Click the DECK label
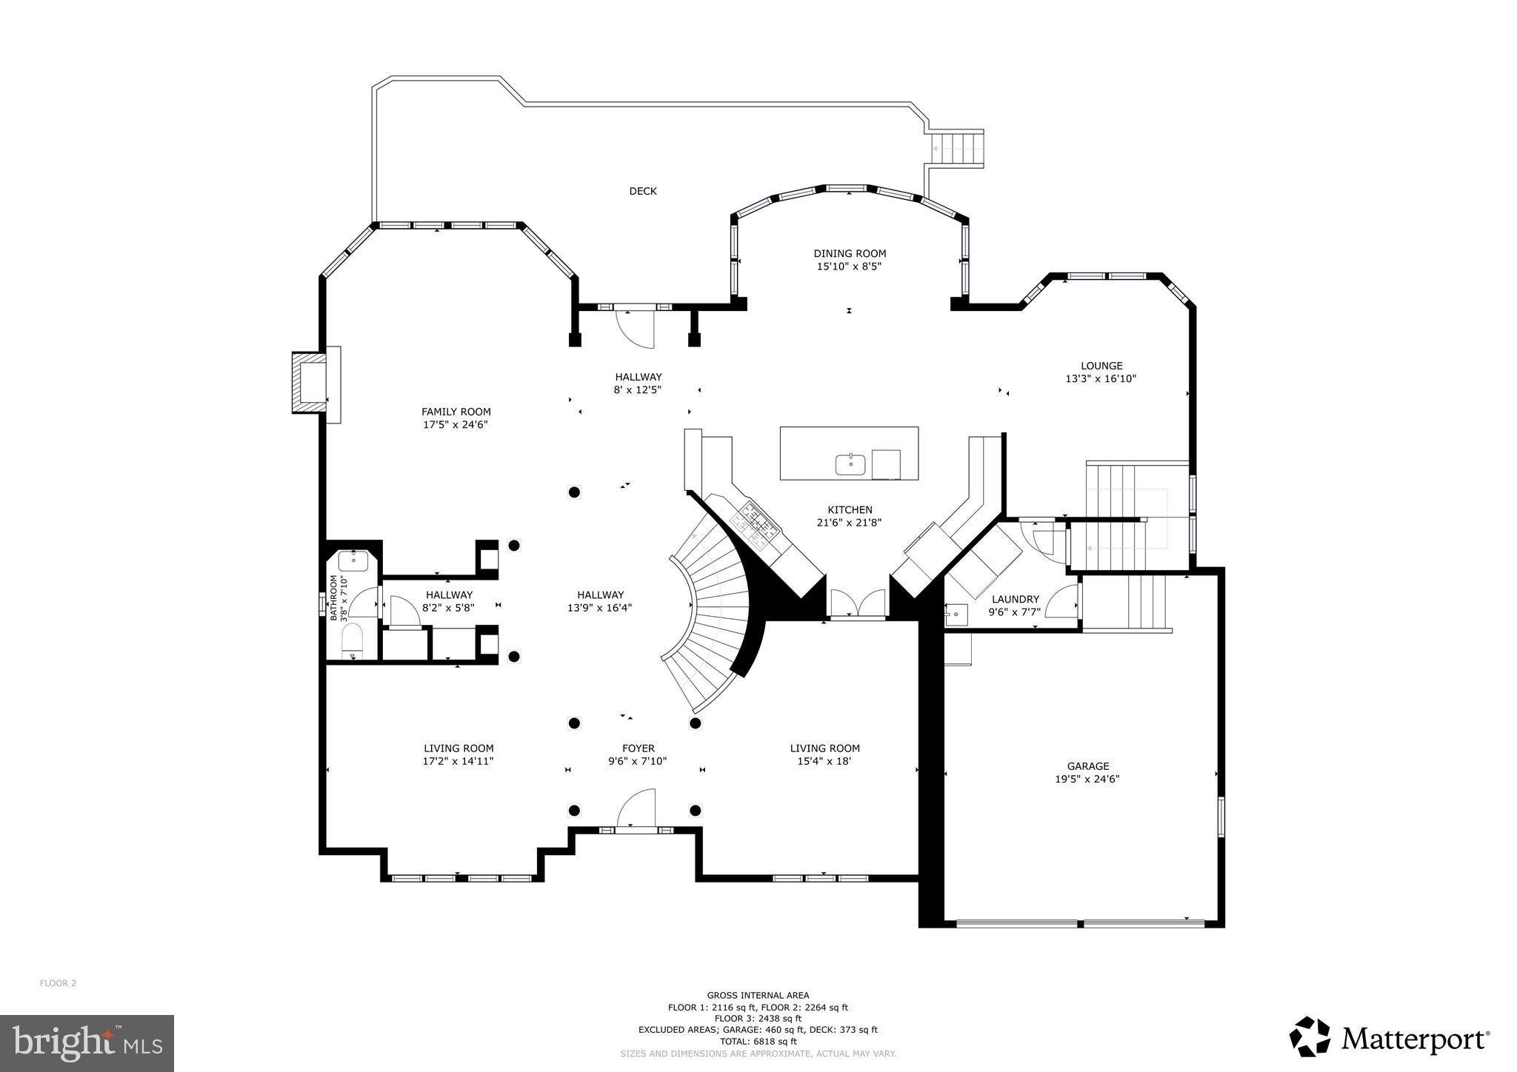point(642,191)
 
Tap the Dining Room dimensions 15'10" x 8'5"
point(849,267)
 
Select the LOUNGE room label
point(1101,366)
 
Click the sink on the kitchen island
point(850,465)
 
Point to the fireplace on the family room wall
point(309,383)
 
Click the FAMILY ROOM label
point(456,412)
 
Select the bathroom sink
point(353,560)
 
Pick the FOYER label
point(638,748)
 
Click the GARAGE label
point(1087,766)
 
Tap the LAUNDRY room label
point(1015,599)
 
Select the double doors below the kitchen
point(857,603)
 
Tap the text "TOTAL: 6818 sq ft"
point(758,1041)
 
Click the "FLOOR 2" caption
point(58,983)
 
